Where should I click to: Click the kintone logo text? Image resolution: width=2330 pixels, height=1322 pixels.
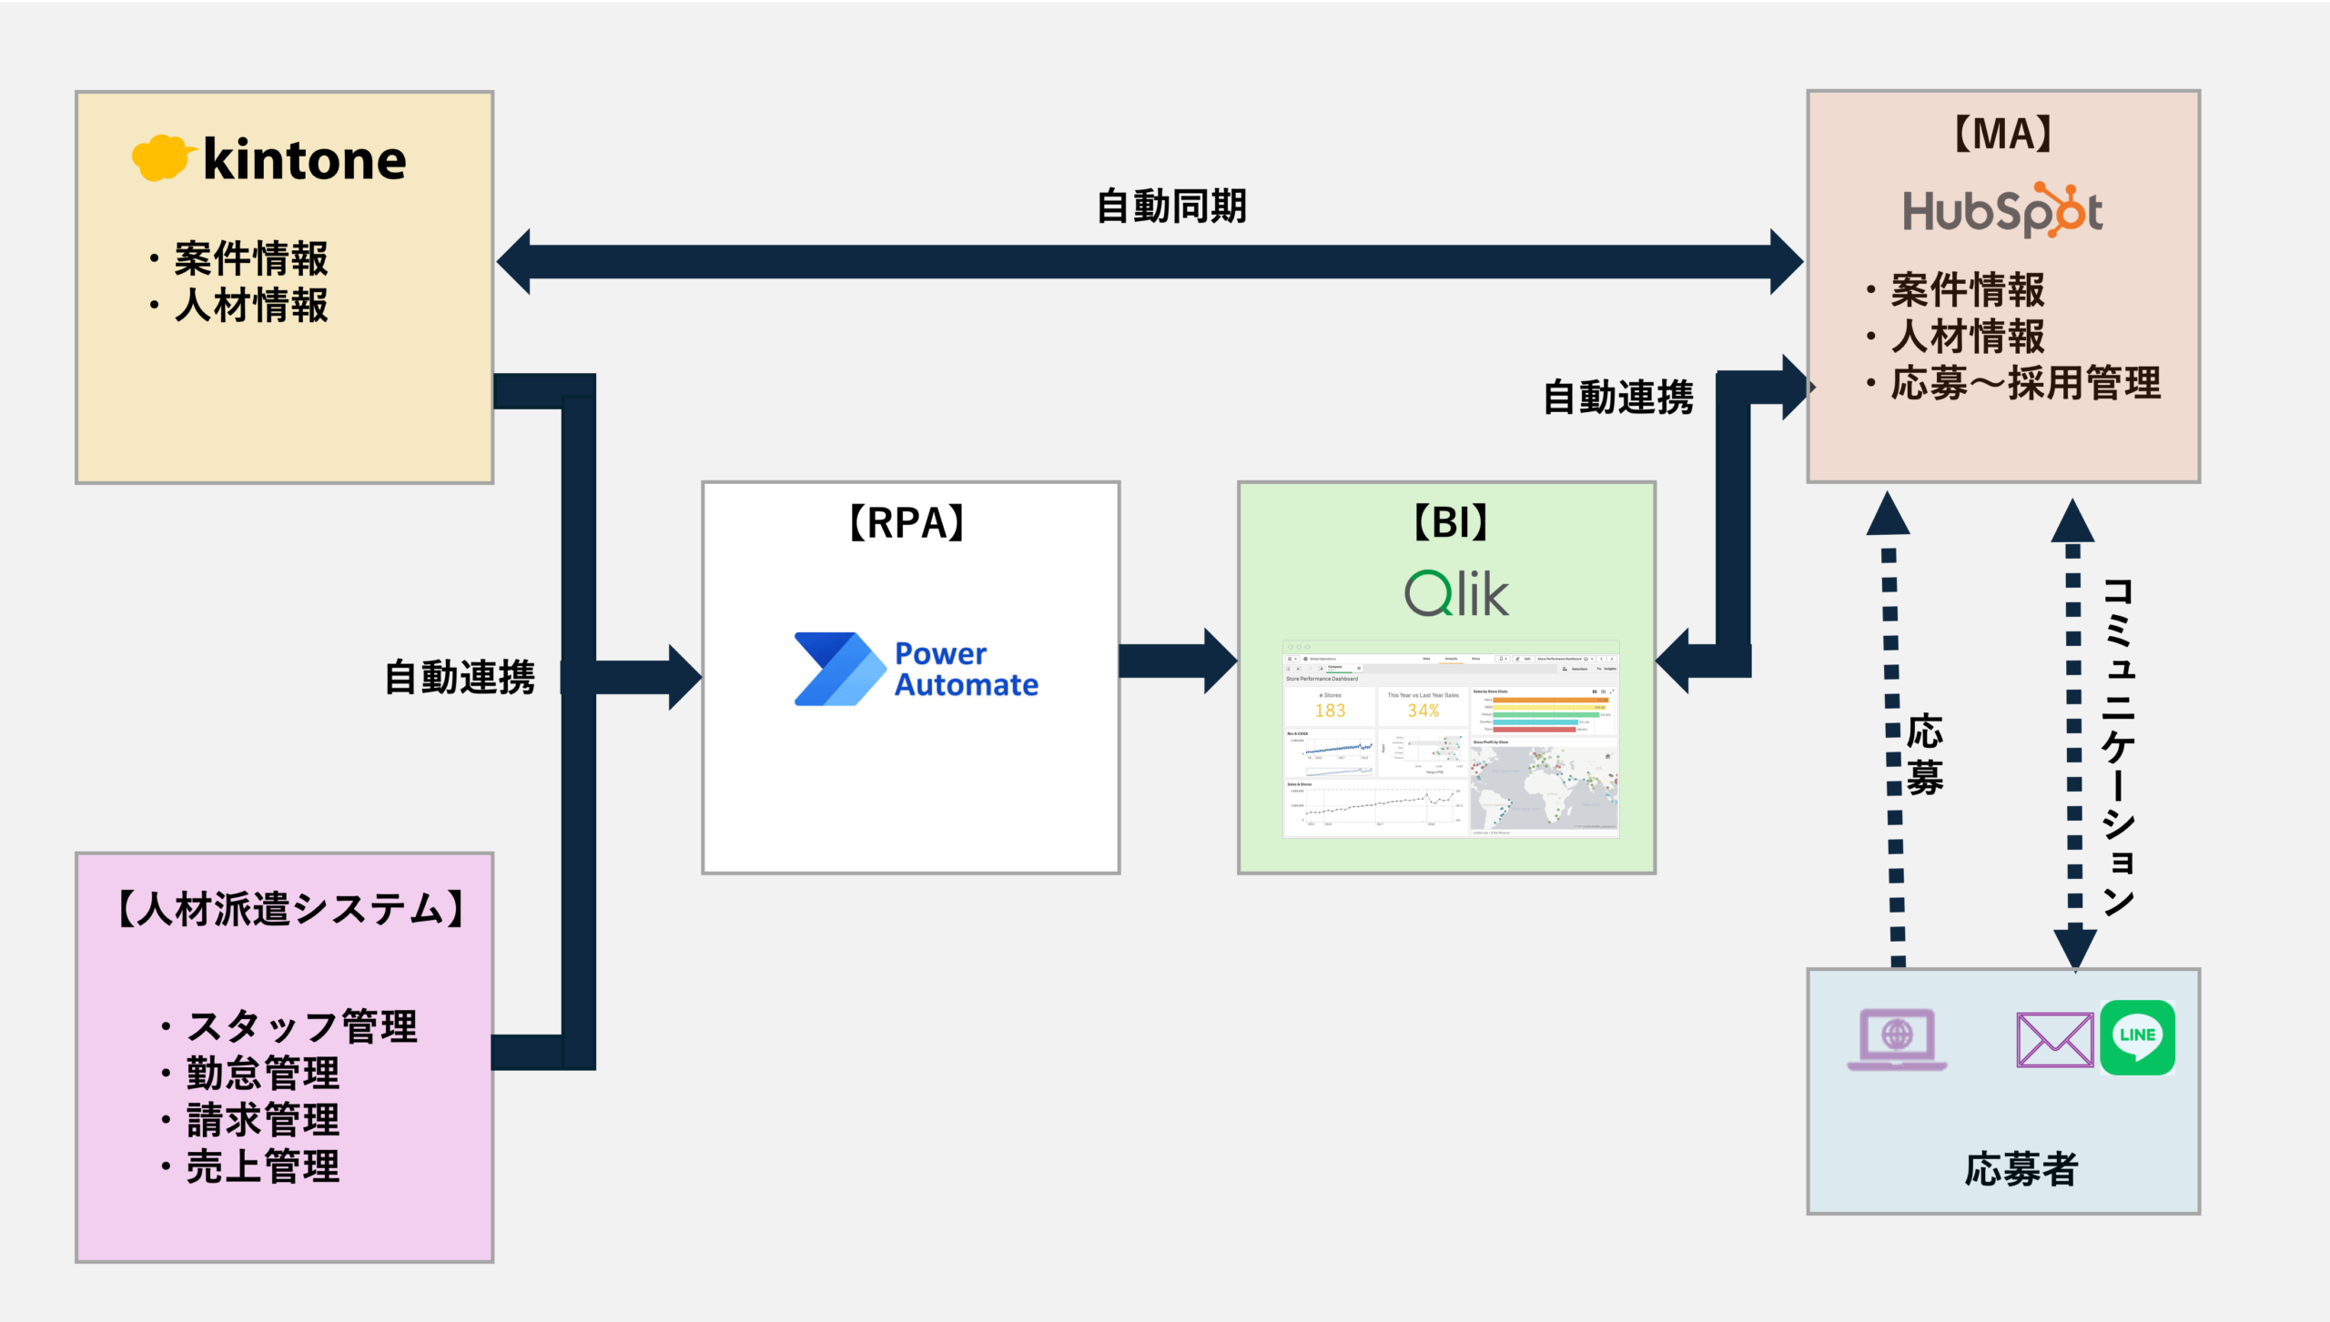[x=304, y=161]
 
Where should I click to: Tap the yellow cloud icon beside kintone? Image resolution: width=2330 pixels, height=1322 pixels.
[x=162, y=158]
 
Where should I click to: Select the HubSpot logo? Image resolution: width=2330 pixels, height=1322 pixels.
[x=2002, y=211]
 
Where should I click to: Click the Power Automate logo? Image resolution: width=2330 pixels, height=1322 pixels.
[x=916, y=670]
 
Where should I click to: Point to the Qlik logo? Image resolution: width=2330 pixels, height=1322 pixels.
[x=1456, y=593]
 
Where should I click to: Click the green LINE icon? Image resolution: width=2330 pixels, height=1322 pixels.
[x=2137, y=1037]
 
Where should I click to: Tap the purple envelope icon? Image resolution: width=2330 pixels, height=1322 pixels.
[x=2054, y=1039]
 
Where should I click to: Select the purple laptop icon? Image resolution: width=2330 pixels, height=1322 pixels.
[x=1897, y=1039]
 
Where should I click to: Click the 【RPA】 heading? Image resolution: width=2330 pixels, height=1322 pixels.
[x=907, y=523]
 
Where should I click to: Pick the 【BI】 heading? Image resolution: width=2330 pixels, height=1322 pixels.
[x=1450, y=523]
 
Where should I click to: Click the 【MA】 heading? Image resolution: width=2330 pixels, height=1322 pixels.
[x=2003, y=135]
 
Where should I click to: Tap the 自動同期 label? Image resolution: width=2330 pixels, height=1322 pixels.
[x=1171, y=207]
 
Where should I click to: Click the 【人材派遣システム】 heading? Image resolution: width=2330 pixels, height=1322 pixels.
[x=291, y=909]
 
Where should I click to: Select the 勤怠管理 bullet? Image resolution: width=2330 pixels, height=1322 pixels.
[x=262, y=1074]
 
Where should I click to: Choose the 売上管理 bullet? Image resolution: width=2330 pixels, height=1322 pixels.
[x=262, y=1166]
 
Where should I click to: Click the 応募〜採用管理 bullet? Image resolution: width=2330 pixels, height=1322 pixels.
[x=2025, y=383]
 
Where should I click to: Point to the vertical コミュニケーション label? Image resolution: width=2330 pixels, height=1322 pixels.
[x=2119, y=746]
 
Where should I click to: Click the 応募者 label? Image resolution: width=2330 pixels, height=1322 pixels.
[x=2021, y=1169]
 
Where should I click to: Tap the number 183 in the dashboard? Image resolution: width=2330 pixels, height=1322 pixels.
[x=1330, y=711]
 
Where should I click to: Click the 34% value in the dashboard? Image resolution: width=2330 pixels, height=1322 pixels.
[x=1423, y=711]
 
